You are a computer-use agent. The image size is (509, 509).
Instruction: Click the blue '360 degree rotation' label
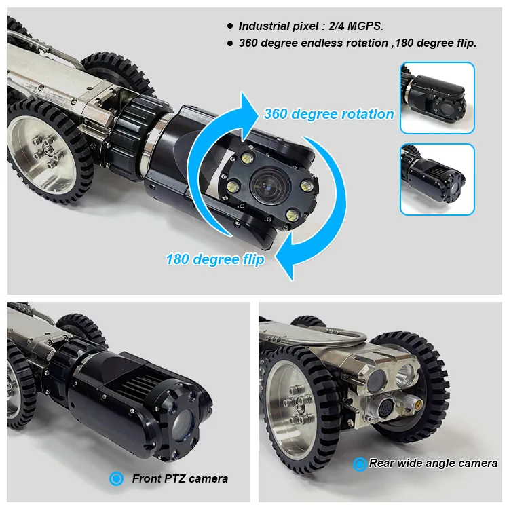(x=328, y=114)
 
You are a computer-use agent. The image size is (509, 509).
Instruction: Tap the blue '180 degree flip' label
(x=214, y=259)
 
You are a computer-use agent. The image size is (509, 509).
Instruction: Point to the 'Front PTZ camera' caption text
(x=180, y=479)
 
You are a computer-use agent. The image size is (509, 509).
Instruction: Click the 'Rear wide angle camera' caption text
(x=433, y=464)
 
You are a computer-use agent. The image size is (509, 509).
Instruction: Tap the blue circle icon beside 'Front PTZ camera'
(x=117, y=479)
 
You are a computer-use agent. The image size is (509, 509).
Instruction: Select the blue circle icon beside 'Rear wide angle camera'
(x=360, y=464)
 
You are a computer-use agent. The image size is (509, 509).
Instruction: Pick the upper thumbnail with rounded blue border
(x=436, y=98)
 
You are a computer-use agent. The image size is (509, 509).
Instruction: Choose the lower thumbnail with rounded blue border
(x=436, y=179)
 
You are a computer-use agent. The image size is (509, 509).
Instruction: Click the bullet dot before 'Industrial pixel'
(x=229, y=26)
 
